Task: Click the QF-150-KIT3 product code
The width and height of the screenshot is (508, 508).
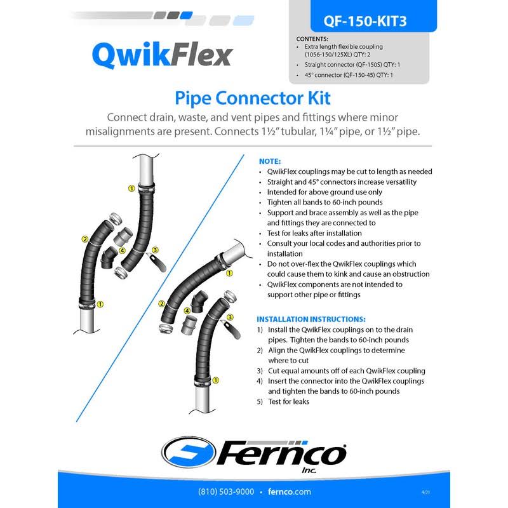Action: (364, 21)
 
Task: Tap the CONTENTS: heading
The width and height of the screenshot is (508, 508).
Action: (312, 39)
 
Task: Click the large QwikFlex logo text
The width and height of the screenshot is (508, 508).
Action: (163, 55)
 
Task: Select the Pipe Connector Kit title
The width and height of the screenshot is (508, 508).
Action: (253, 98)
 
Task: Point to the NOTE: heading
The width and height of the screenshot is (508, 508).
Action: (270, 161)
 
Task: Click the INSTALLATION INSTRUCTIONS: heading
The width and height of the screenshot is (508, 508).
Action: (311, 319)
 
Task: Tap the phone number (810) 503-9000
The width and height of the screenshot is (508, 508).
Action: (226, 491)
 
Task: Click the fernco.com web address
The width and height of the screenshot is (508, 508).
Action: (290, 491)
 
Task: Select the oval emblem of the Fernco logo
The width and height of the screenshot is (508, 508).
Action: (189, 452)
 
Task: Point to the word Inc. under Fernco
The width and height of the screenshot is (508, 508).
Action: (309, 470)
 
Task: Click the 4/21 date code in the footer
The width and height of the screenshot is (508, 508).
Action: (425, 492)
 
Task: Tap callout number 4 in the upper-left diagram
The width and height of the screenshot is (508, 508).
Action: (122, 250)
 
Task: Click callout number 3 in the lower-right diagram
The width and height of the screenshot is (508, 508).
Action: (230, 317)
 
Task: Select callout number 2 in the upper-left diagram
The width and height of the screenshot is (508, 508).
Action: (85, 239)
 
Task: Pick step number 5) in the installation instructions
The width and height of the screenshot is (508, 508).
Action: (260, 402)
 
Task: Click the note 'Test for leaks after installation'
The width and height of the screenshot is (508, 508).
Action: (314, 233)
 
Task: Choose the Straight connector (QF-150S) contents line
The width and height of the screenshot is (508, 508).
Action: (352, 65)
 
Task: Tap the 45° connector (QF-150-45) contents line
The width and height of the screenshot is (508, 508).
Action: (349, 75)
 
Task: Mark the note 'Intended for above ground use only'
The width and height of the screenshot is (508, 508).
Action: (324, 192)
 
